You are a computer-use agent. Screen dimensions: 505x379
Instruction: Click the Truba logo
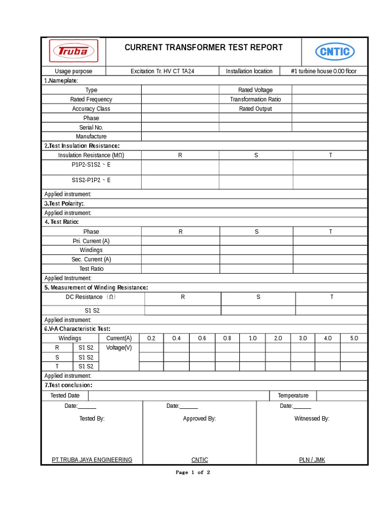pos(74,51)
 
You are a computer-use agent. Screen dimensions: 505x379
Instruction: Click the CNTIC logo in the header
pos(335,51)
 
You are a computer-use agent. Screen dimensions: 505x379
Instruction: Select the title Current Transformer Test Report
pos(203,47)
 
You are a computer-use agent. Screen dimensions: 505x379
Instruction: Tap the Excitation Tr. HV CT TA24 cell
pos(162,72)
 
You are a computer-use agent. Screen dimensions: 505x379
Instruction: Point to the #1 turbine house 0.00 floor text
pos(324,72)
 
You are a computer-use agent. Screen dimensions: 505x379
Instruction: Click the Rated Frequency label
pos(91,100)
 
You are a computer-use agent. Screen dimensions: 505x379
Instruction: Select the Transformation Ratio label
pos(255,100)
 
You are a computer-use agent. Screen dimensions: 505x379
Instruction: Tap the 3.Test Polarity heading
pos(65,204)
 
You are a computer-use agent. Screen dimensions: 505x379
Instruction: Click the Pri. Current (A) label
pos(91,241)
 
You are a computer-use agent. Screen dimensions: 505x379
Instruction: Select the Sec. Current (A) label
pos(91,259)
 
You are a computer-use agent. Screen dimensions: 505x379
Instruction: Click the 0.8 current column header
pos(227,338)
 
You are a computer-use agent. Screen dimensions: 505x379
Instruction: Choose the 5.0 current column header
pos(354,338)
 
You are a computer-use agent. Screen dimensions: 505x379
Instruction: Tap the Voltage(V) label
pos(119,348)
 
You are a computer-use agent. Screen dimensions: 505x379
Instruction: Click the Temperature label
pos(293,396)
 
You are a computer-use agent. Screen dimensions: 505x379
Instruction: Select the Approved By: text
pos(199,419)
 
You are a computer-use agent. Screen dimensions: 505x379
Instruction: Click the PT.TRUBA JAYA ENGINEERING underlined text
pos(92,460)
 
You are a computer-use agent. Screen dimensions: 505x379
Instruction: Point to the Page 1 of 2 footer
pos(193,472)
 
